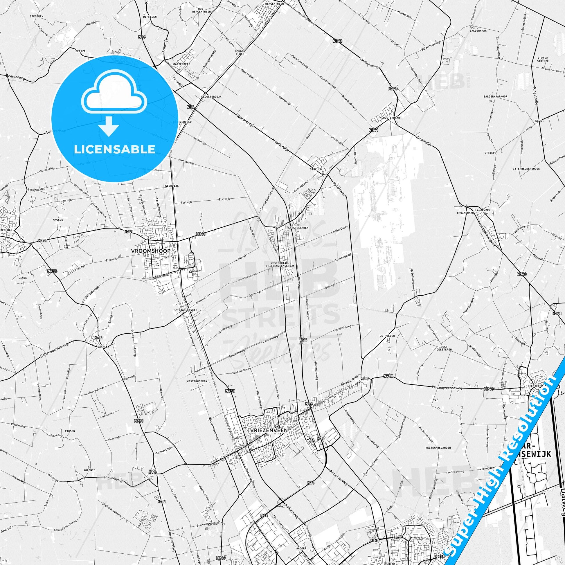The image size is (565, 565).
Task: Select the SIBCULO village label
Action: pyautogui.click(x=316, y=169)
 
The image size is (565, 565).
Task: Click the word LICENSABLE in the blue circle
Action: pyautogui.click(x=114, y=149)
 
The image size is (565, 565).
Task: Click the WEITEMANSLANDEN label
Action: pyautogui.click(x=438, y=448)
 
